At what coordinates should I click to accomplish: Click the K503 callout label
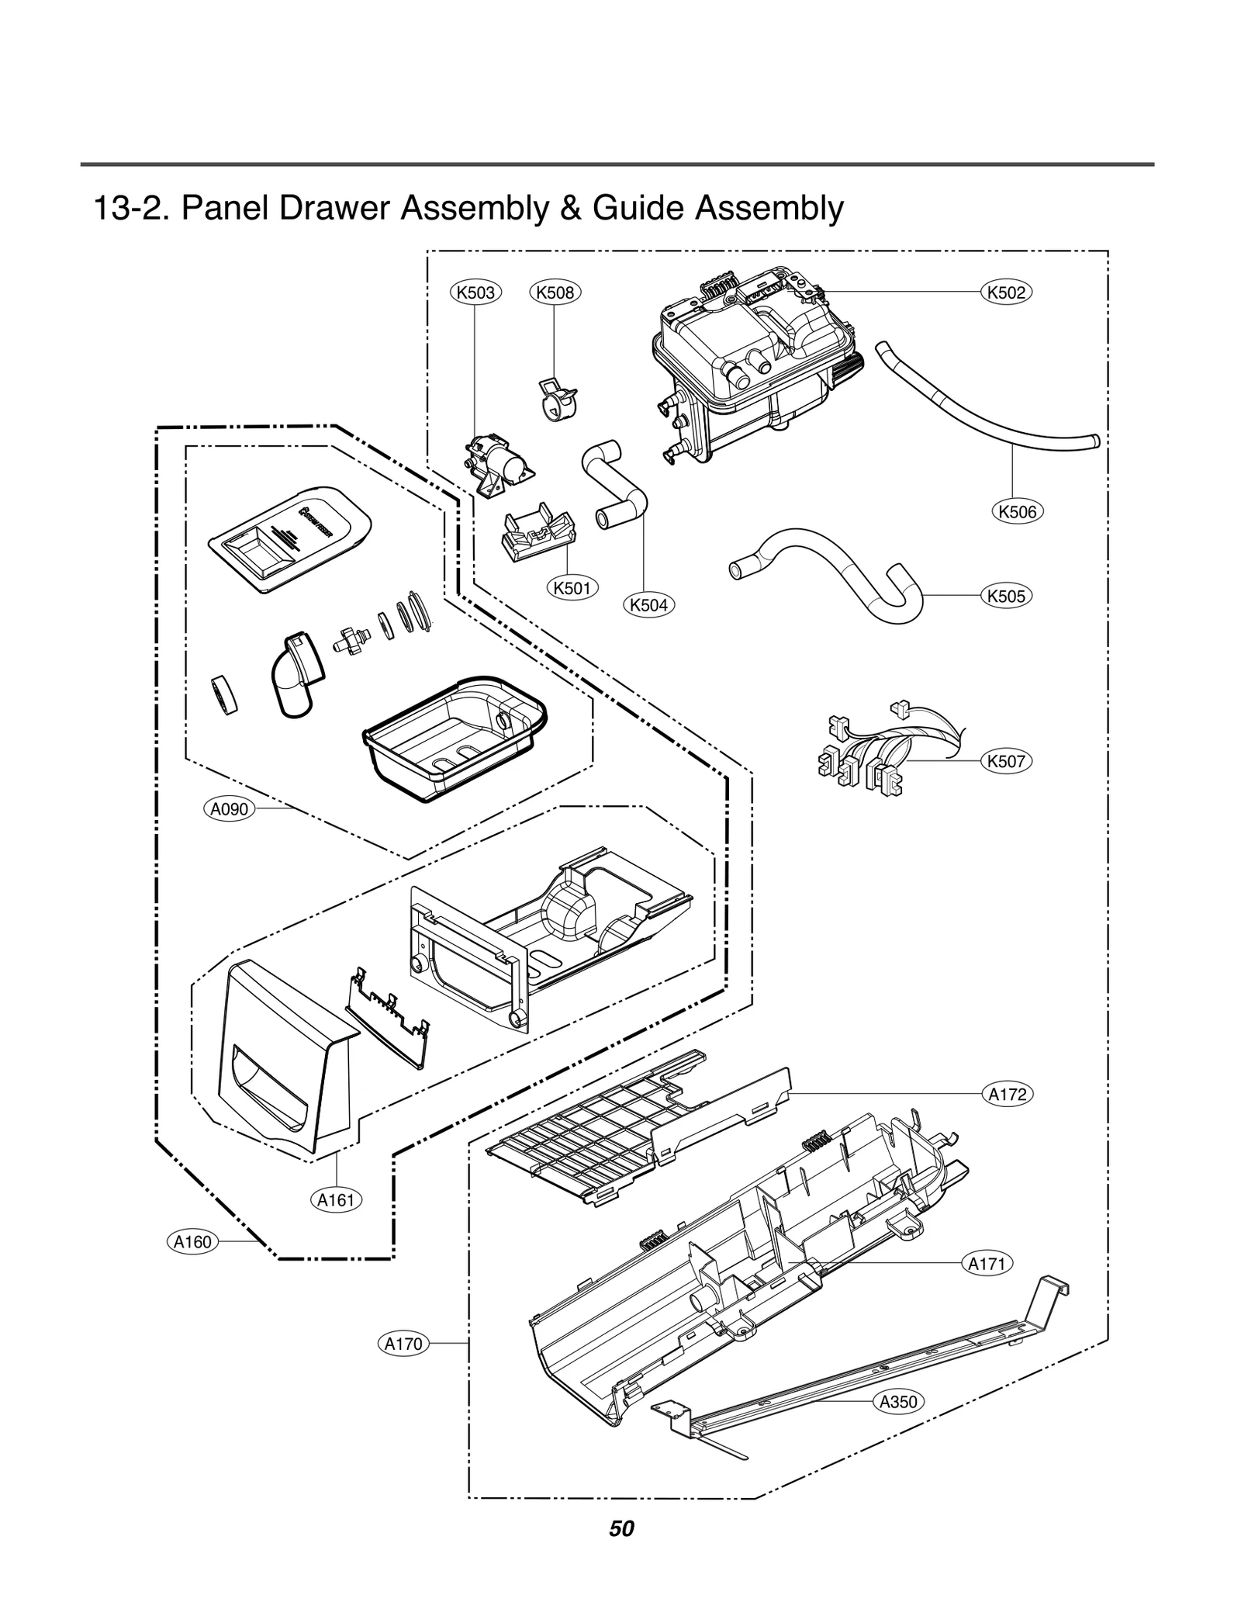[x=476, y=292]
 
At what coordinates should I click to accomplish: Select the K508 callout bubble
[x=555, y=292]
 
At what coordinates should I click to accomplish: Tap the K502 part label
[x=1007, y=292]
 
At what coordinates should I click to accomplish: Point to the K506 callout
[x=1018, y=511]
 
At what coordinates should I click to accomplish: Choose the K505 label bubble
[x=1007, y=596]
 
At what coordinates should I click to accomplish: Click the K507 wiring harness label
[x=1007, y=761]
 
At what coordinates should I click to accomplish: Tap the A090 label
[x=230, y=809]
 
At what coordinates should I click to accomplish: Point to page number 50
[x=621, y=1529]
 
